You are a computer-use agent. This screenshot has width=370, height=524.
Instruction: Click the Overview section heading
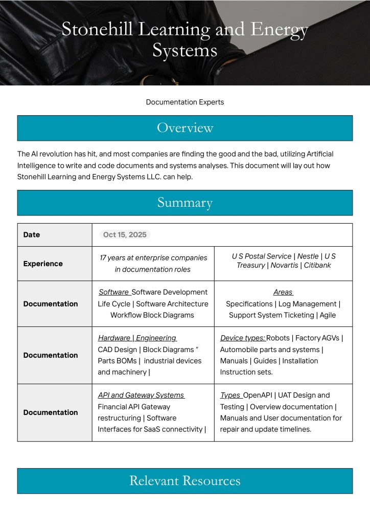[x=184, y=128]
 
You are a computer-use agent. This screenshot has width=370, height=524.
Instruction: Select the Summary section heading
[x=184, y=203]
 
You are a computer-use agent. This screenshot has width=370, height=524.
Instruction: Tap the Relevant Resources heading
[x=184, y=481]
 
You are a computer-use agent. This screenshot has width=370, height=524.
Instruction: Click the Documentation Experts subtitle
[x=184, y=102]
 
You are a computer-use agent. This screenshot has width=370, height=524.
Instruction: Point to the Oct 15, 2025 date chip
[x=125, y=235]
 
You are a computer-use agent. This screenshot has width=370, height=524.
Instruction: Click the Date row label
[x=32, y=235]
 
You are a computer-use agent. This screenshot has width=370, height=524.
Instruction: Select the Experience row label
[x=43, y=264]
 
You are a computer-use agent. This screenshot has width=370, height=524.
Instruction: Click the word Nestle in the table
[x=308, y=256]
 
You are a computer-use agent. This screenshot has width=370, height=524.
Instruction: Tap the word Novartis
[x=284, y=266]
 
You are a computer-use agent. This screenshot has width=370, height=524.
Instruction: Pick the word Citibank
[x=317, y=266]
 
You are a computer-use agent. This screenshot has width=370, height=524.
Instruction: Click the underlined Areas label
[x=283, y=292]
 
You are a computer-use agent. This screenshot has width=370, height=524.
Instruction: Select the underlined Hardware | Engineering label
[x=137, y=338]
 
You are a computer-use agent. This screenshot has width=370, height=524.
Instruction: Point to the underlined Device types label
[x=242, y=338]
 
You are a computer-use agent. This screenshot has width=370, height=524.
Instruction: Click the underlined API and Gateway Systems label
[x=141, y=396]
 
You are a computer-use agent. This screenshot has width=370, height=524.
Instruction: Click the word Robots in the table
[x=279, y=338]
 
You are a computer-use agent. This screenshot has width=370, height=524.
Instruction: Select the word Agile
[x=328, y=315]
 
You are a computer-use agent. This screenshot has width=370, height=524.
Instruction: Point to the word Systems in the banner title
[x=184, y=50]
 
